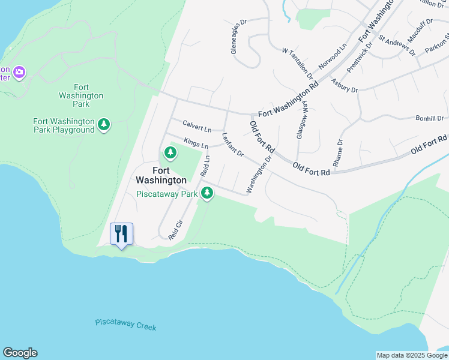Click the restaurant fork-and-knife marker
[x=121, y=233]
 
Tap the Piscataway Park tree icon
[x=207, y=193]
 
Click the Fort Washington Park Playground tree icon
[x=104, y=124]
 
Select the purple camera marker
[x=19, y=72]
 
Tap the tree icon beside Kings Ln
[x=171, y=152]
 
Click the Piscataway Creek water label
[x=125, y=325]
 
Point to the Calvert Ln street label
[x=197, y=127]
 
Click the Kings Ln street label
[x=196, y=144]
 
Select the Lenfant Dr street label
[x=232, y=145]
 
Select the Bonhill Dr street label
[x=429, y=119]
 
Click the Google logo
[x=20, y=353]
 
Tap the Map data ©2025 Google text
[x=412, y=355]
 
